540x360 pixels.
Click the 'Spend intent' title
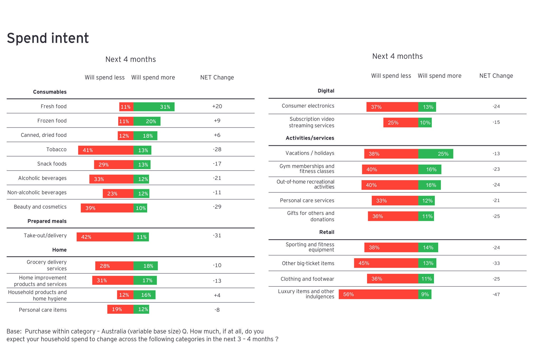48,38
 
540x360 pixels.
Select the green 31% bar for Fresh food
154,107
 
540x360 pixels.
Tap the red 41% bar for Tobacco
106,150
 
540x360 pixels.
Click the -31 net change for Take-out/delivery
217,236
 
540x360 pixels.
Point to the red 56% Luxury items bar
378,294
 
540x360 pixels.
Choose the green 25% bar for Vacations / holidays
436,154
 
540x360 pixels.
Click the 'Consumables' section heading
50,92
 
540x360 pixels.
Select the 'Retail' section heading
326,232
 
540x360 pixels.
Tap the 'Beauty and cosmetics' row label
40,207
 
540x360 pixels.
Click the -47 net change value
496,295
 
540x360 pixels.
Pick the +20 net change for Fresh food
217,107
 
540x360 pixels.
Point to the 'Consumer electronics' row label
308,106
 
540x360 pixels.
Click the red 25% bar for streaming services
401,123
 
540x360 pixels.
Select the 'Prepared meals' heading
47,221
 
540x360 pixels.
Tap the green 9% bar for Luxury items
425,294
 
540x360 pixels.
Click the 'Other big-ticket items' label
308,263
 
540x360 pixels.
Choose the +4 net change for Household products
217,295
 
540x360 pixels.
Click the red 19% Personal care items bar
120,309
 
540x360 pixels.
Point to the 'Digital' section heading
326,91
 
